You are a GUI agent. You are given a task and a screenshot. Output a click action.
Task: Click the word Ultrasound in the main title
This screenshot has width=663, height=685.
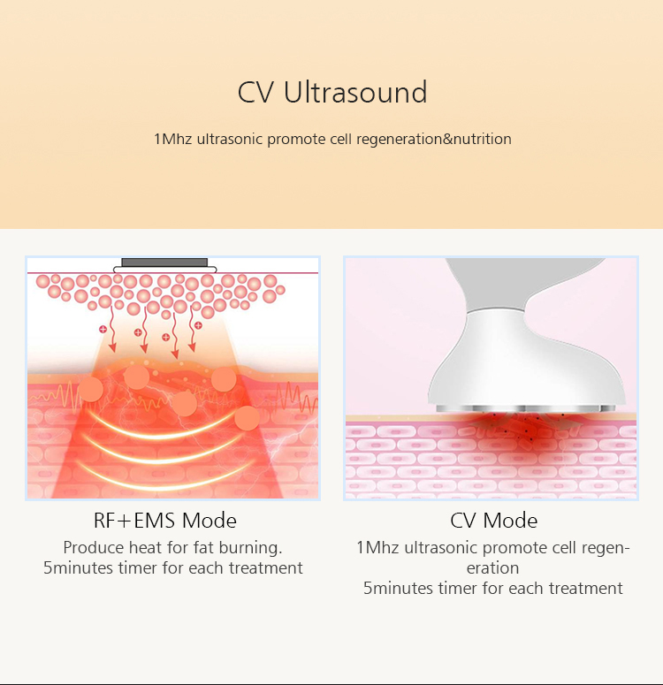pos(355,92)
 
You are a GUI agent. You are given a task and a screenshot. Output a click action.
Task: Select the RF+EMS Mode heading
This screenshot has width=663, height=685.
pos(165,521)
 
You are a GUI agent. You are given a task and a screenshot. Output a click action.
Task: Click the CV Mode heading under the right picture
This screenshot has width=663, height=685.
pos(494,521)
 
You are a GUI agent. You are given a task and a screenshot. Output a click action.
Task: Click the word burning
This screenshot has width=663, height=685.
pos(250,548)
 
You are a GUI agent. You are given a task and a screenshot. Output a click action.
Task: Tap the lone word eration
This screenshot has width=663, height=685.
pos(492,568)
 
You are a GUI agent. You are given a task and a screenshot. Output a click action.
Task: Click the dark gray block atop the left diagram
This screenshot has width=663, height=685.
pos(164,263)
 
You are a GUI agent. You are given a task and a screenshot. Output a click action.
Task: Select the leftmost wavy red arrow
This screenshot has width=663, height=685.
pos(112,329)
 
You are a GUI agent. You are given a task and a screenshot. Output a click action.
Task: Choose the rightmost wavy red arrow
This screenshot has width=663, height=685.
pos(193,329)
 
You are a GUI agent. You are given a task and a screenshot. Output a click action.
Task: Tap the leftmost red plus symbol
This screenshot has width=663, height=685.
pos(103,329)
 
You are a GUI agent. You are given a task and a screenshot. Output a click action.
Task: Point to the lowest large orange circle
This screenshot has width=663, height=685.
pos(247,418)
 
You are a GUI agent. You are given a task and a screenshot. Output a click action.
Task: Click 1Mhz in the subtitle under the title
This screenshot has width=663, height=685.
pos(172,139)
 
